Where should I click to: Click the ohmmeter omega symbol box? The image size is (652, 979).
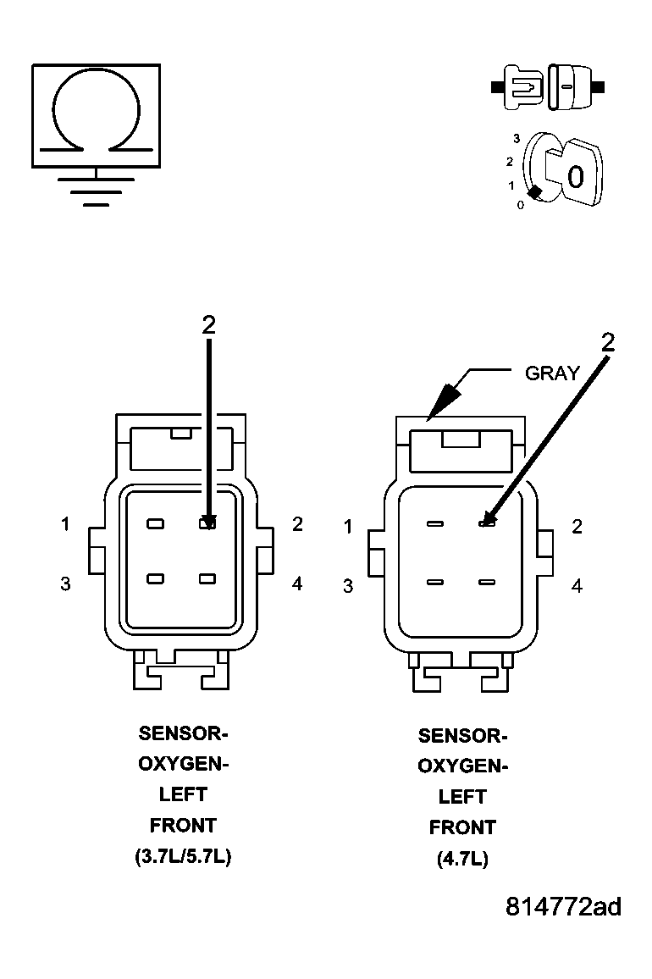[x=96, y=114]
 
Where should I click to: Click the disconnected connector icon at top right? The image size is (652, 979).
[x=548, y=86]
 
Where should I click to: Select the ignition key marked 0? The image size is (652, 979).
[x=572, y=174]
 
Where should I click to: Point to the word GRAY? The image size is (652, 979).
[x=552, y=373]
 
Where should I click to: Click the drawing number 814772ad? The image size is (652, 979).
[x=563, y=907]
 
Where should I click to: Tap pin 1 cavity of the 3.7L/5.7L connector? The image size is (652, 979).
[x=155, y=524]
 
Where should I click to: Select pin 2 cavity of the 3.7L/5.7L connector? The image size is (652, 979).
[x=207, y=524]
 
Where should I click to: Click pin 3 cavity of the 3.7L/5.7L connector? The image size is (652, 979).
[x=155, y=579]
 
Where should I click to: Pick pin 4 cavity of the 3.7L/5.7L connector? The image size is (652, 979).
[x=207, y=579]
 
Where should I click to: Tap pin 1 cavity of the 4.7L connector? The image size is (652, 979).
[x=435, y=525]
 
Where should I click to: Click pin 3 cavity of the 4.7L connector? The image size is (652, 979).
[x=435, y=582]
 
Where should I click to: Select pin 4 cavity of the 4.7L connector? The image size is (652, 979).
[x=486, y=582]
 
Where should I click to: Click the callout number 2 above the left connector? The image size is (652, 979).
[x=209, y=324]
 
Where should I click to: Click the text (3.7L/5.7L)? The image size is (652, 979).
[x=183, y=856]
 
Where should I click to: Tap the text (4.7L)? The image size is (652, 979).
[x=462, y=859]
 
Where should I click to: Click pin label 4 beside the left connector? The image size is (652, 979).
[x=297, y=584]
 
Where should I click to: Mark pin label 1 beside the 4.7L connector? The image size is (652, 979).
[x=348, y=528]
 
